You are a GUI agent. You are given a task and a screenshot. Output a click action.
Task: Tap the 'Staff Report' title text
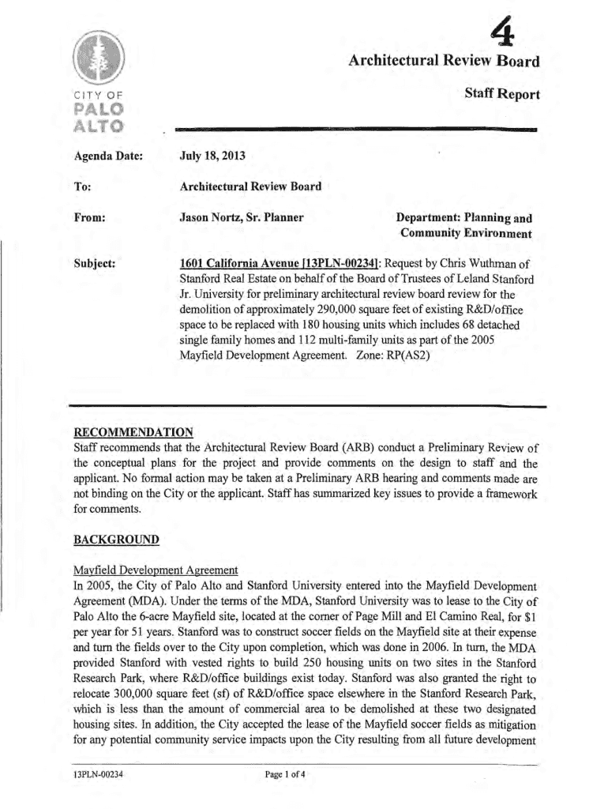pos(502,95)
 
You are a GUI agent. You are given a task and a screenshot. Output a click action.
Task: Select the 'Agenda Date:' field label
pos(107,156)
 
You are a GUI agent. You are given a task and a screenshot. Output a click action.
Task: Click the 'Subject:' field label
pos(95,263)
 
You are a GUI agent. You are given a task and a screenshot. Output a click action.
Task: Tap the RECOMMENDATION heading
pos(133,432)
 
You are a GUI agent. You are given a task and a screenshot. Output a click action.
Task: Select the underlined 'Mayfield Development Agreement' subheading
pos(155,570)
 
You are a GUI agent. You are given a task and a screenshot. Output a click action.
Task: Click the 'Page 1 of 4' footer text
pos(286,774)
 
